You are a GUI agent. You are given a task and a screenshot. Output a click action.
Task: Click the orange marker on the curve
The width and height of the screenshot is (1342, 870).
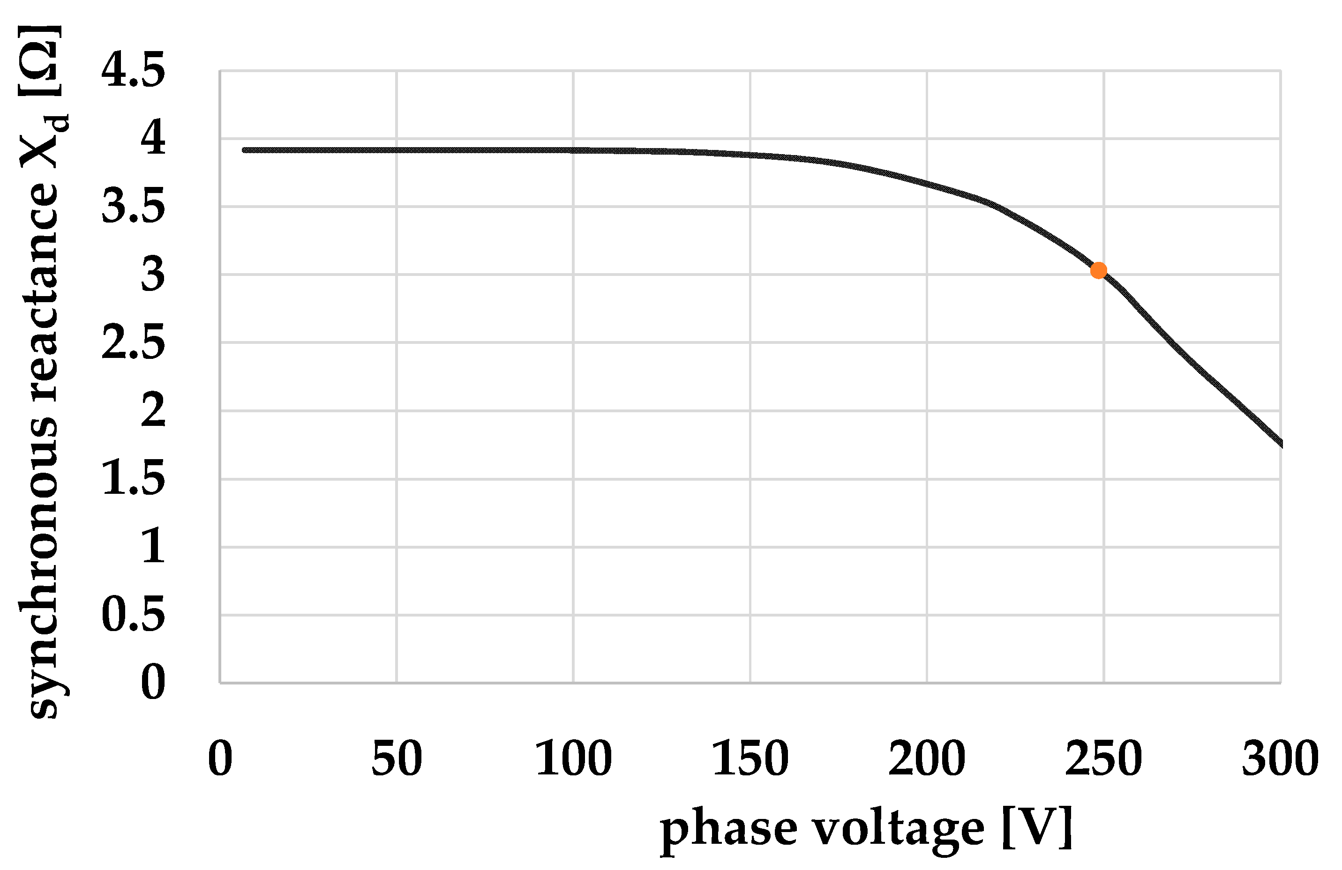[x=1098, y=270]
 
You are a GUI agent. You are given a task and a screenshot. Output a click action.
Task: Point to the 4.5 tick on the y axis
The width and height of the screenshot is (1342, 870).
[x=134, y=70]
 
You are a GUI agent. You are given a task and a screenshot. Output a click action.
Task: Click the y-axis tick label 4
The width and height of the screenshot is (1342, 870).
[x=153, y=138]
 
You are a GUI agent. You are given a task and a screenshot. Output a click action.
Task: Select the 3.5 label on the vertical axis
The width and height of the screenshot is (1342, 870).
[x=134, y=206]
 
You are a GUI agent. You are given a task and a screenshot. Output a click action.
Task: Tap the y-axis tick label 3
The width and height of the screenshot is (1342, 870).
[x=153, y=275]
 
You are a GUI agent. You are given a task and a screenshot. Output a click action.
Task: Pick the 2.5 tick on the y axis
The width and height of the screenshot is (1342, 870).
[x=134, y=342]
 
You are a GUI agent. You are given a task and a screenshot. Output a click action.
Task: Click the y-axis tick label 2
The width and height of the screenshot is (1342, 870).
[x=153, y=410]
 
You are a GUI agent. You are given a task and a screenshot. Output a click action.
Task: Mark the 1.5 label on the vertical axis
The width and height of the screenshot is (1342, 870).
[x=134, y=479]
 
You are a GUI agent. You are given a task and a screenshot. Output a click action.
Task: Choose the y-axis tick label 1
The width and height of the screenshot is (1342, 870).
[x=153, y=547]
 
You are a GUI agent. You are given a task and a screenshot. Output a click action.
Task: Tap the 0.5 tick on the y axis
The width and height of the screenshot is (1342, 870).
[x=134, y=615]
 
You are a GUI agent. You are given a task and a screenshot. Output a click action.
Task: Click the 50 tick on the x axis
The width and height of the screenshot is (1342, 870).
[x=397, y=759]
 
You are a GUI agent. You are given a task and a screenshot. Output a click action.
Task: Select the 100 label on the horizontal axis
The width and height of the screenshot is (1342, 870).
[x=573, y=759]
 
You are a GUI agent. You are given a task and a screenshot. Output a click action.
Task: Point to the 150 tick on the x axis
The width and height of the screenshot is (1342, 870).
[x=750, y=759]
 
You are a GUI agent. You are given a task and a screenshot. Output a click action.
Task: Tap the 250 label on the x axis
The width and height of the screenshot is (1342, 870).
[x=1103, y=759]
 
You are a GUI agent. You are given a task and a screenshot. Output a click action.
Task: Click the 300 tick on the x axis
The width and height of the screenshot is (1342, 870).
[x=1280, y=759]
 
